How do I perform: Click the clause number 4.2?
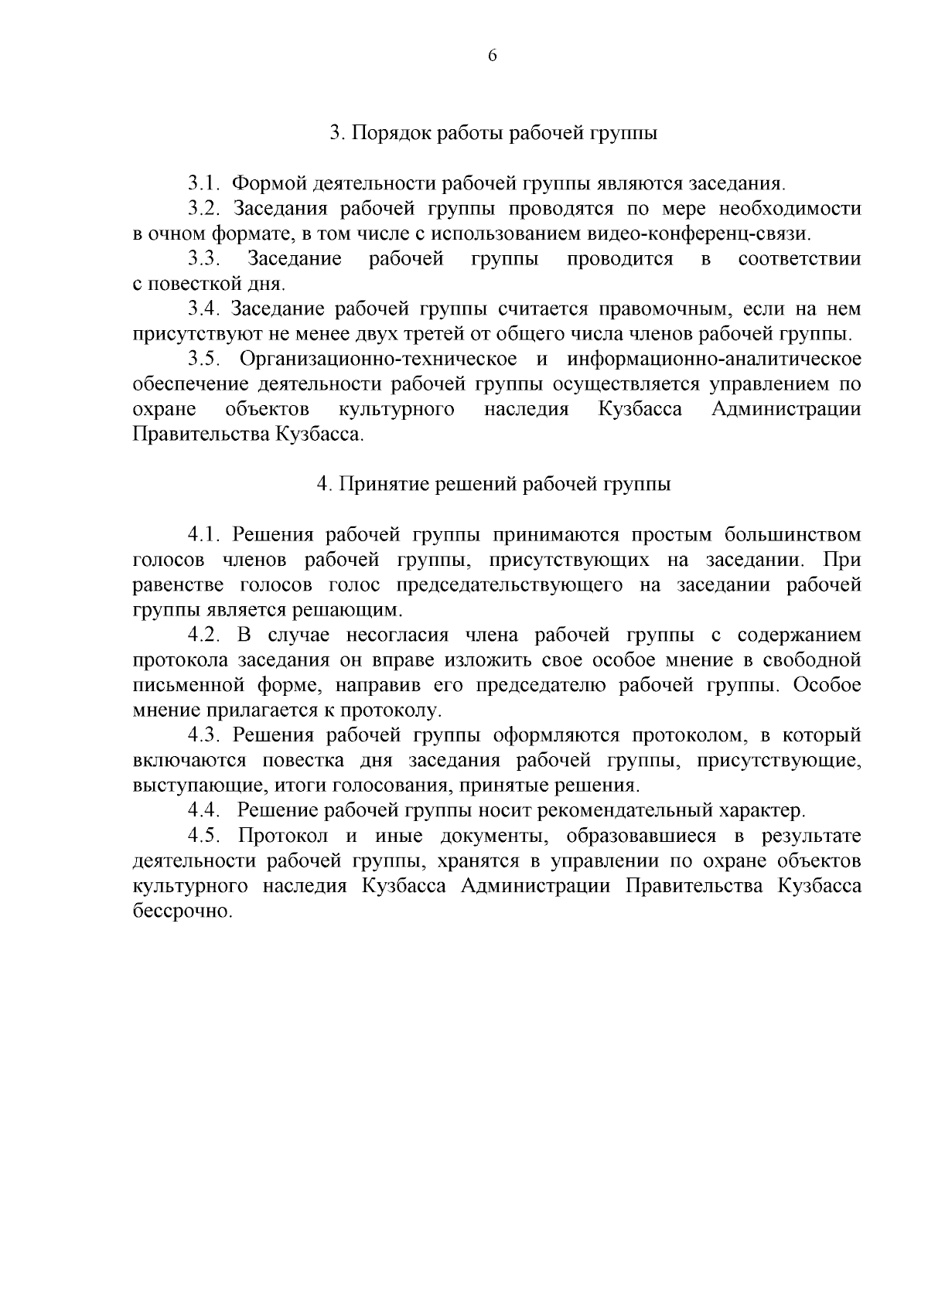[x=205, y=636]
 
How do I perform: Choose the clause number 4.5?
[x=205, y=837]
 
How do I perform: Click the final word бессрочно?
[x=183, y=912]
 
